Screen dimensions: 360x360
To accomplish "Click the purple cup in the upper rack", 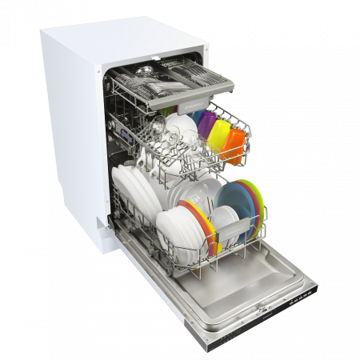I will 206,123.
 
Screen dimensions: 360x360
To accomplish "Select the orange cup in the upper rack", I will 234,146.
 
